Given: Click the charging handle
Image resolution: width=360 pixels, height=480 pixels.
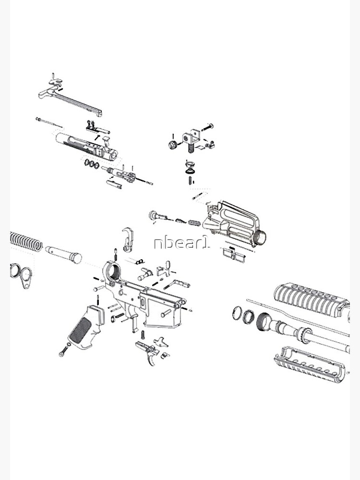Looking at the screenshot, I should point(72,98).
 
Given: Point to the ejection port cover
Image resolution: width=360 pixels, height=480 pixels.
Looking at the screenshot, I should point(235,252).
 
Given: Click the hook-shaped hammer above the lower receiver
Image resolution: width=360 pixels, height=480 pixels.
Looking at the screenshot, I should point(127,239).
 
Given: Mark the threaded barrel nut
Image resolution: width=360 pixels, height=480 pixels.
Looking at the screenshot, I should point(264,321).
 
